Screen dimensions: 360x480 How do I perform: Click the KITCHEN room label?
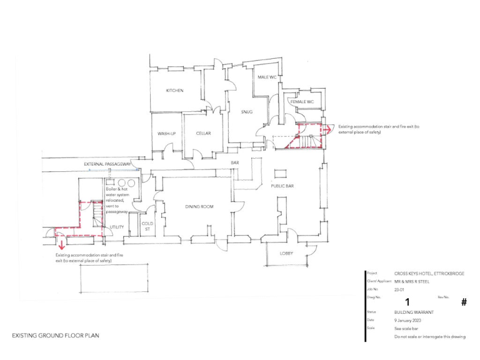[174, 91]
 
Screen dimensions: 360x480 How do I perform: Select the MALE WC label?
[267, 77]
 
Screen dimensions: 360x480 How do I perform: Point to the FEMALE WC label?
[301, 101]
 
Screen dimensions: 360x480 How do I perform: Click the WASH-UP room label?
[166, 133]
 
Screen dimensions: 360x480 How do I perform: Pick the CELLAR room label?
[203, 133]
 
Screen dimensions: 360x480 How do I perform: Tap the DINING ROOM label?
[199, 206]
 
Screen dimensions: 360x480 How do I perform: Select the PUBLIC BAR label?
[282, 186]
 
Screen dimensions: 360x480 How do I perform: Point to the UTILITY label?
[117, 227]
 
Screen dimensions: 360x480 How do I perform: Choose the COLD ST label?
[147, 226]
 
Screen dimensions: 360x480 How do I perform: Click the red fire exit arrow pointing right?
[327, 129]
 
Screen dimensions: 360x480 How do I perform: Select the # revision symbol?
[464, 302]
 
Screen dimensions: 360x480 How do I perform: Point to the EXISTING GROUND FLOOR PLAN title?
[56, 336]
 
